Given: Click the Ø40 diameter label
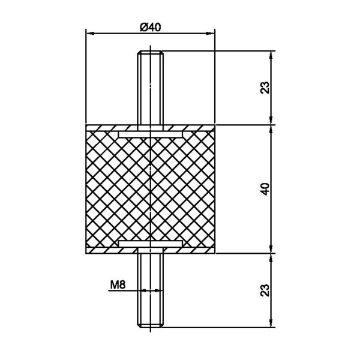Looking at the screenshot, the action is (151, 28).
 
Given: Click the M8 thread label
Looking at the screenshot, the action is (118, 285).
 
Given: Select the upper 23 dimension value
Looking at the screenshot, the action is (265, 87).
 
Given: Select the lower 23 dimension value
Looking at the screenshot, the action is (265, 290).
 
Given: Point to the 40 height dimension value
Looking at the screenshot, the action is (265, 189).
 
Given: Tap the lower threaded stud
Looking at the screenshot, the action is (151, 290).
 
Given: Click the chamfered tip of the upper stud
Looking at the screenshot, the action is (151, 53).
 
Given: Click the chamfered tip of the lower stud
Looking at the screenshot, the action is (151, 325).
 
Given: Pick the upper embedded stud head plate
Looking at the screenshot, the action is (151, 134).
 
